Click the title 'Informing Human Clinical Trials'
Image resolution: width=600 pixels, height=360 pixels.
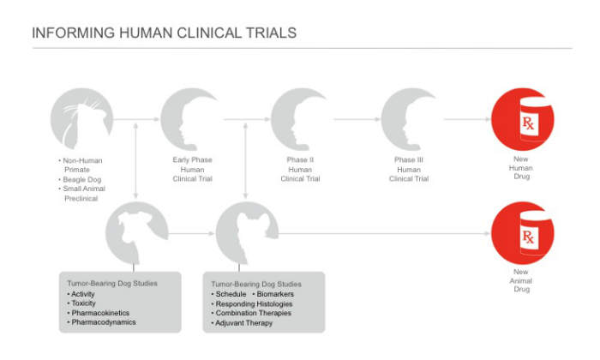[164, 33]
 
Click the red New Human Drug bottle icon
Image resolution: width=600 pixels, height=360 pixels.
[522, 121]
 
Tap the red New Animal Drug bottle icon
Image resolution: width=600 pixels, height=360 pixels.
[522, 232]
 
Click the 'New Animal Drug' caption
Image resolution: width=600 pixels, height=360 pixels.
[522, 280]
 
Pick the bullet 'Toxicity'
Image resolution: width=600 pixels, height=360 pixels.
[83, 303]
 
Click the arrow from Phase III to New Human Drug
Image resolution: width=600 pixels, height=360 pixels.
[465, 120]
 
